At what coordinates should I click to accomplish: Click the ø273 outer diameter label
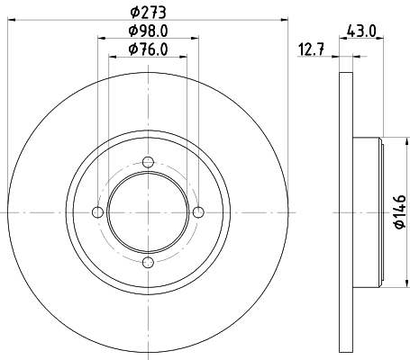148,13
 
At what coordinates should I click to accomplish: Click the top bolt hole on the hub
148,162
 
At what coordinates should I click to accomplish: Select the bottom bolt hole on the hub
148,262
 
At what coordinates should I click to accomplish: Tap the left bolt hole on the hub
97,211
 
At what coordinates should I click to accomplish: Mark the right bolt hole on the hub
198,211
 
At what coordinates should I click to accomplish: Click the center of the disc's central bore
148,211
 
